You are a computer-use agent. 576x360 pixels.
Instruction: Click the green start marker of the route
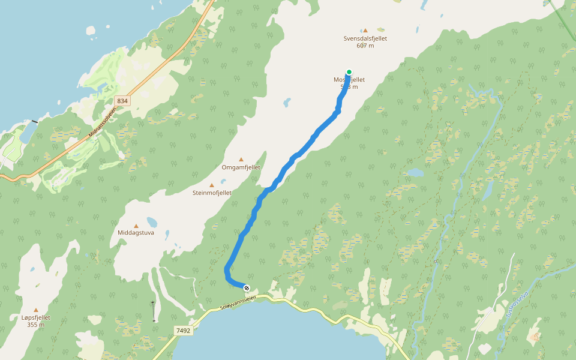349,72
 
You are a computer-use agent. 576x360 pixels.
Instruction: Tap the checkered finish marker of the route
247,288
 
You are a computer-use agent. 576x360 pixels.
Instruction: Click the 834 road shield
122,101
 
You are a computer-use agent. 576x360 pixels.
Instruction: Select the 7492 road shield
184,330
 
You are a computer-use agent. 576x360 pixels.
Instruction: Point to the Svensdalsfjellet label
365,38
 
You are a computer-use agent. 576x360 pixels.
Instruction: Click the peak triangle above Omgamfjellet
241,160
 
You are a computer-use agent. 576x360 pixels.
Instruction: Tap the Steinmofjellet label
212,193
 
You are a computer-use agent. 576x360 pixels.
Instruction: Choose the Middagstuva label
136,232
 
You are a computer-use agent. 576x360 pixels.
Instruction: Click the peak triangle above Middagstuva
136,226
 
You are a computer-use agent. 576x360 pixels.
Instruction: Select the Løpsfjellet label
35,317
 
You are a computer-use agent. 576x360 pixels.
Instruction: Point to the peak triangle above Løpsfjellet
35,310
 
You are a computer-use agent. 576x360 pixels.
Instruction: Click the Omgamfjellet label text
241,167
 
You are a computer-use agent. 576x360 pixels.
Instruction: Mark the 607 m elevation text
365,46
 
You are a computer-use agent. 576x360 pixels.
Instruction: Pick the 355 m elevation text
35,325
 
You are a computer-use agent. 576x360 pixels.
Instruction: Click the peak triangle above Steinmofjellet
211,185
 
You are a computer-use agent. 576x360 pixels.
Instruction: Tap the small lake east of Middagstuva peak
152,221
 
